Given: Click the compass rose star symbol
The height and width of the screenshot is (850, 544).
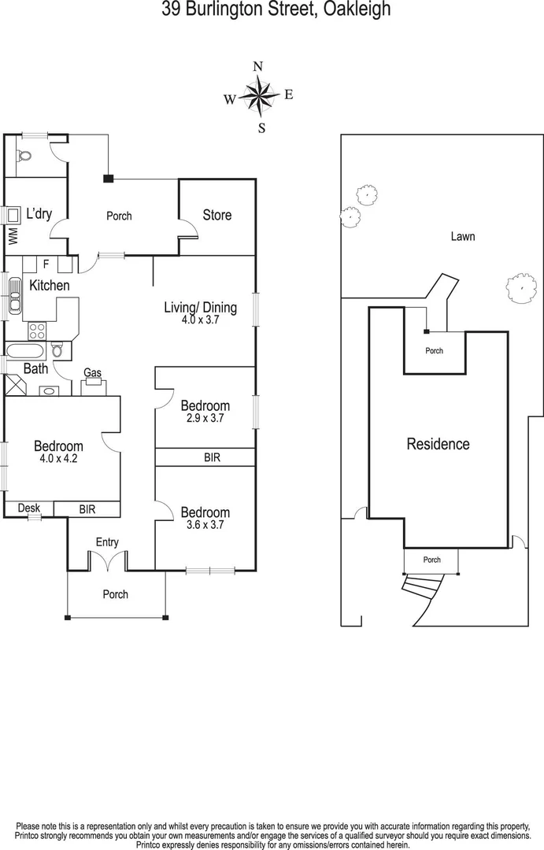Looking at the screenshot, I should click(x=258, y=96).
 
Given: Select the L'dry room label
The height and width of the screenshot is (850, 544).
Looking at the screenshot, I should click(x=40, y=213).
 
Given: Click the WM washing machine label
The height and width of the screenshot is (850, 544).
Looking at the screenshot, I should click(x=13, y=235).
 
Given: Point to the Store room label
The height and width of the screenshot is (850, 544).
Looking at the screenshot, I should click(x=217, y=215).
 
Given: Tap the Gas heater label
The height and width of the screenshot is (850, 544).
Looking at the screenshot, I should click(x=93, y=373).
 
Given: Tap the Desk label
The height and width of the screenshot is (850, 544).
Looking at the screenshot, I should click(x=29, y=508).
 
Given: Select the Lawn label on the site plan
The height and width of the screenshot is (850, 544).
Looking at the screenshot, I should click(x=463, y=236).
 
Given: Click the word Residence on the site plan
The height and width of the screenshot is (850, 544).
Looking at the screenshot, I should click(x=438, y=444).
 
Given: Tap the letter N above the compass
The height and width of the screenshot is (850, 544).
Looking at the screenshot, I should click(x=257, y=67).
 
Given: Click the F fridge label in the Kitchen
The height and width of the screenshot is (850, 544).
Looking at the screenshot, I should click(x=46, y=264).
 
